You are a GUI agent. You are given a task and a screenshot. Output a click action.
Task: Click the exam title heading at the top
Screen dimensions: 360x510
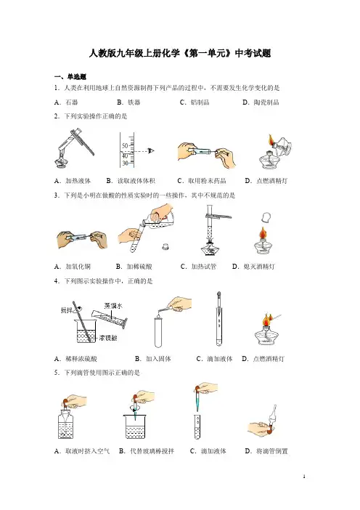pos(180,53)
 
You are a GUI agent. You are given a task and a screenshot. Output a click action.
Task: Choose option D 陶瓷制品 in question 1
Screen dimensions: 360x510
pos(261,102)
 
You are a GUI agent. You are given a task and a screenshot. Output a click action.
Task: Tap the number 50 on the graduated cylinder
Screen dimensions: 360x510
pos(125,146)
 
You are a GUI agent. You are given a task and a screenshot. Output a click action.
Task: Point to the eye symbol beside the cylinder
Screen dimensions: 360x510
pos(150,150)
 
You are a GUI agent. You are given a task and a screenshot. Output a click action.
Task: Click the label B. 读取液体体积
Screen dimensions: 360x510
pos(131,181)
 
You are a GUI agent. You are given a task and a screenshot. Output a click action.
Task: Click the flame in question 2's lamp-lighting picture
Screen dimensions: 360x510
pos(271,141)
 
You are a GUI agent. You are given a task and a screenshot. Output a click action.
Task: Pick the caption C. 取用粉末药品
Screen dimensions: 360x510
pos(202,181)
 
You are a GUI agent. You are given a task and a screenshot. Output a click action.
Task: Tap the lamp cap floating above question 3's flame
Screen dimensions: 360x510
pos(266,217)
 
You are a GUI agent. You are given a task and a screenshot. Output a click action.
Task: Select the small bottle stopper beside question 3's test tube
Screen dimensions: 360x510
pos(165,246)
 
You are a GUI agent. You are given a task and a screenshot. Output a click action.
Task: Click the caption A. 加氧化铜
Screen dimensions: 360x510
pos(73,267)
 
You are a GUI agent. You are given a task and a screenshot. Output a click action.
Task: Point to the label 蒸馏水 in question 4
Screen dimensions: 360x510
pos(113,305)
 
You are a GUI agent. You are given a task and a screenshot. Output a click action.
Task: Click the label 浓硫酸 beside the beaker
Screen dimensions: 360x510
pos(108,338)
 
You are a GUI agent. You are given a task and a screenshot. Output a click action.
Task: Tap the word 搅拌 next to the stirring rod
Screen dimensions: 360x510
pos(66,310)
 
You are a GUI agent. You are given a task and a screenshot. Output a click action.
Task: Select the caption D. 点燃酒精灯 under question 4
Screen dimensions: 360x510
pos(263,359)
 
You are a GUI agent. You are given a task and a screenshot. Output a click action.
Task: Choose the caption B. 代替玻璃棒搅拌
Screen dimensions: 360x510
pos(147,451)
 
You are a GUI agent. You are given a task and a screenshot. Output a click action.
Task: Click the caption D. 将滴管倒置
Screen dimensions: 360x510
pos(266,451)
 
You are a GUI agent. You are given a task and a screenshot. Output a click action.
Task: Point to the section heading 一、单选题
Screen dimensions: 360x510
pos(70,77)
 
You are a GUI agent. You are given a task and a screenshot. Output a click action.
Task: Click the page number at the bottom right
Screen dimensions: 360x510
pos(304,477)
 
